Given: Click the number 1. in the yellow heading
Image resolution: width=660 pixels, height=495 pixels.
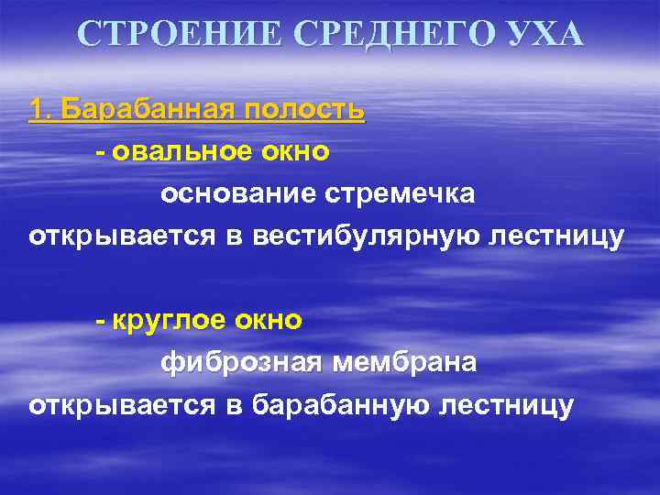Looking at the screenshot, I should pos(40,111).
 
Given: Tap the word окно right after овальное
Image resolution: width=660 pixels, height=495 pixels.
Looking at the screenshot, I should pos(293,152).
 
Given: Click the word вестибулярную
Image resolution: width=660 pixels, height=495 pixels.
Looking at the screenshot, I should pos(375,236).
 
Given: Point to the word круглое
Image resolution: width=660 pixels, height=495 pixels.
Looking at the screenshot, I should pos(169,321).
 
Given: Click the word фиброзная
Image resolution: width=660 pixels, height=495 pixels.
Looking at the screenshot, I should pos(241,363).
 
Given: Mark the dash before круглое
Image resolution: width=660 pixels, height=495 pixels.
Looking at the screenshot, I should pos(99,322).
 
